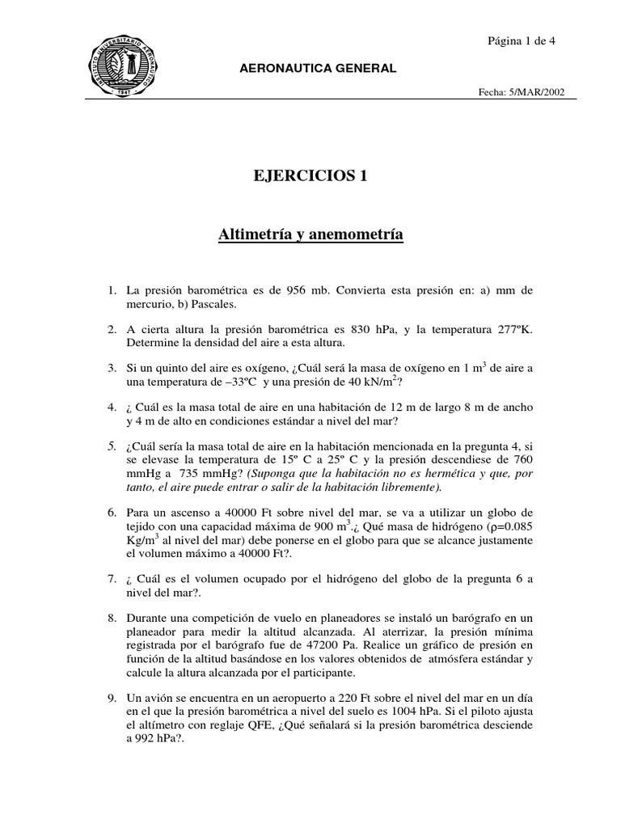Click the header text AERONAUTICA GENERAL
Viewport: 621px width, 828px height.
(319, 68)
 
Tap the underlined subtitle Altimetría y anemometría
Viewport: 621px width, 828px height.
(310, 234)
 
